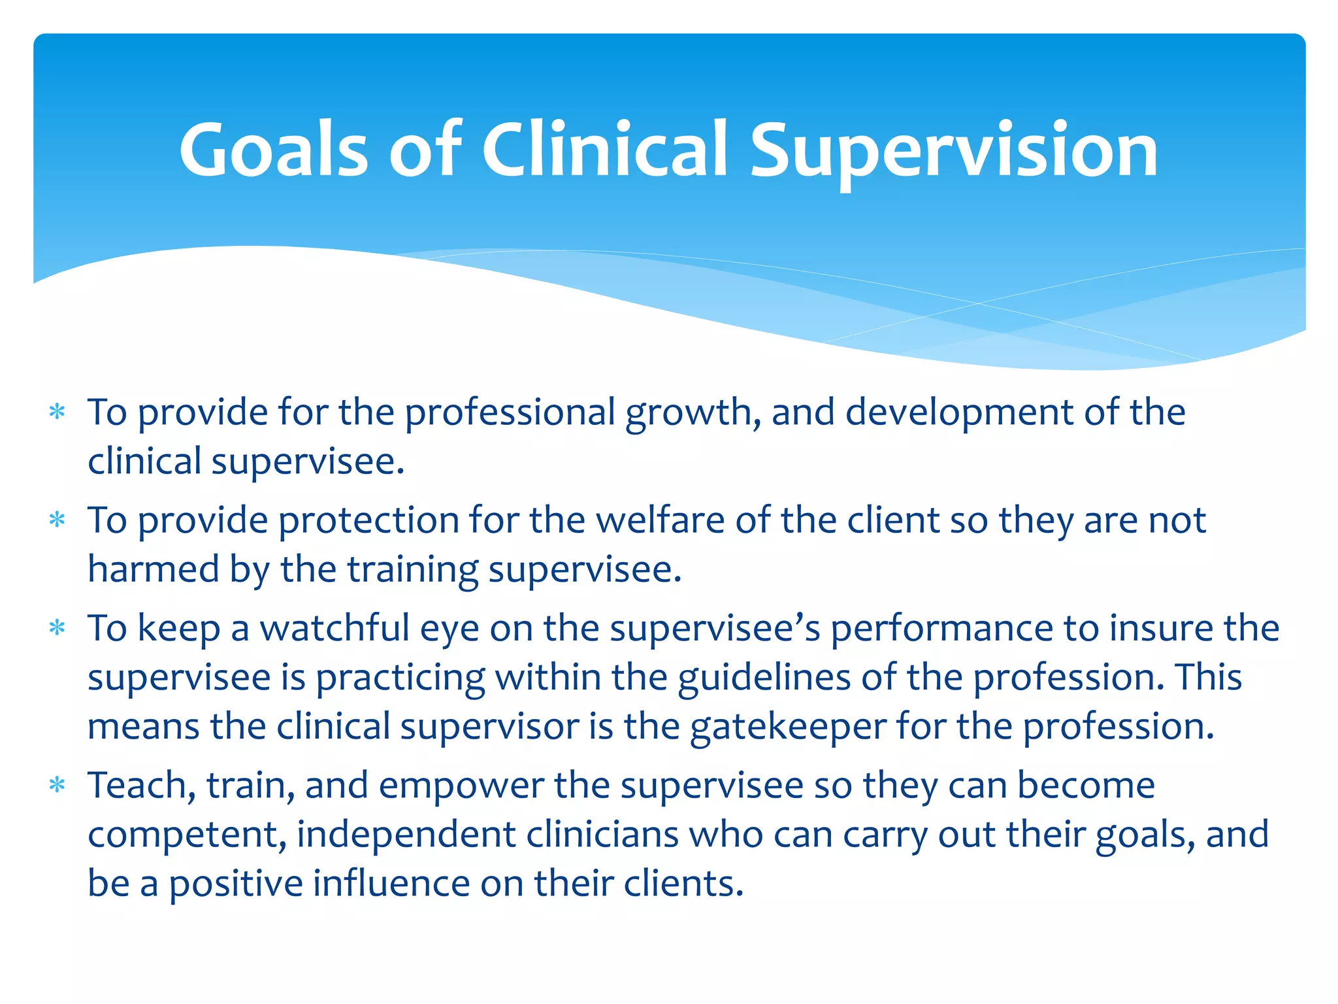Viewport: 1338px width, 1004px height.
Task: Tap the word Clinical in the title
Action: coord(604,150)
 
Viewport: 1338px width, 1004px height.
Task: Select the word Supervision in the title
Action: coord(954,150)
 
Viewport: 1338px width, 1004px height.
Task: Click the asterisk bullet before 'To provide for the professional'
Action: coord(57,412)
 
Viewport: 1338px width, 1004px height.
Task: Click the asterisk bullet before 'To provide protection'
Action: coord(57,520)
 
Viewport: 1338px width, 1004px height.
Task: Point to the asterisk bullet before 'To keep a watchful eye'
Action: coord(57,628)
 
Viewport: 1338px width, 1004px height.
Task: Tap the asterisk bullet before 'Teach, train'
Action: coord(57,785)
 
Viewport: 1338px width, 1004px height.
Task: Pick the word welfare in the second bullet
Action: coord(660,521)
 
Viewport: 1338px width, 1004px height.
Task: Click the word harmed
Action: coord(154,569)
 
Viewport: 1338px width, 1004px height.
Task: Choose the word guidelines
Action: coord(764,677)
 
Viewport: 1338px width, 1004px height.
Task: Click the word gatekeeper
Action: coord(788,727)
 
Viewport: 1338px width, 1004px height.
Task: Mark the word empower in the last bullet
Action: coord(461,786)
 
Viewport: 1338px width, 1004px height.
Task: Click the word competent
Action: coord(187,835)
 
